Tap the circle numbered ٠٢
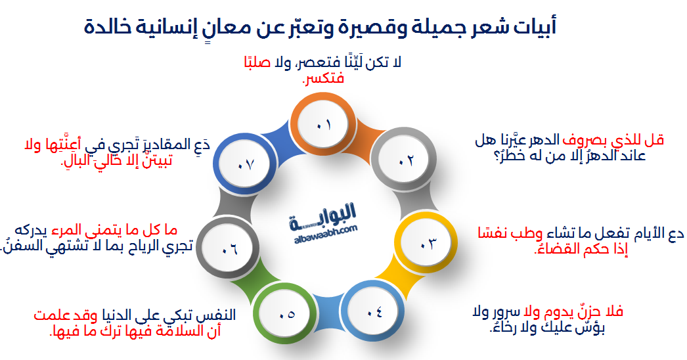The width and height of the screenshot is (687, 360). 405,160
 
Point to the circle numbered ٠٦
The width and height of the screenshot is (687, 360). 229,249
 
